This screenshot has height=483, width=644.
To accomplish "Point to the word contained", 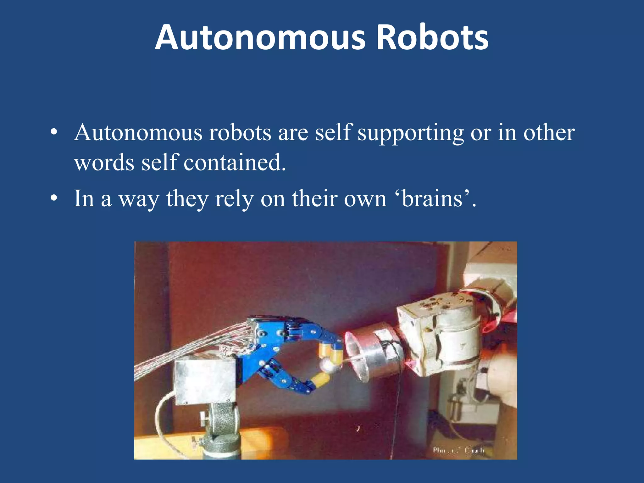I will pos(235,163).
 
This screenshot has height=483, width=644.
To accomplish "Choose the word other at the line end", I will pos(549,132).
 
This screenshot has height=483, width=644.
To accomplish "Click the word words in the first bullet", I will pos(104,163).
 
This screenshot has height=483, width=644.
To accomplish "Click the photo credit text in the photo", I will pos(458,450).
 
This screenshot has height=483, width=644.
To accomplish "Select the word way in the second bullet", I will pos(139,199).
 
